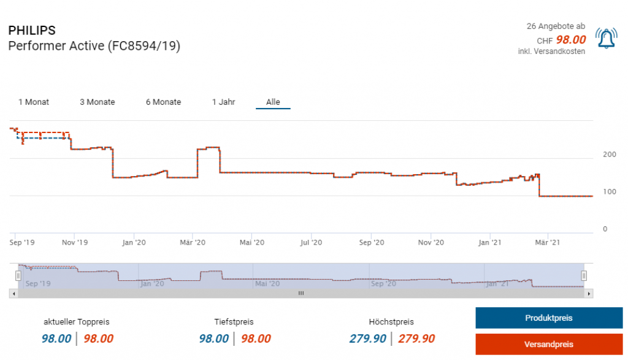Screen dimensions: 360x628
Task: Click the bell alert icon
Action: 606,39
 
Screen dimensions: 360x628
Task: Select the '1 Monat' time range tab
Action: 34,102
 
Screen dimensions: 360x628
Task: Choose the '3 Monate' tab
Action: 97,102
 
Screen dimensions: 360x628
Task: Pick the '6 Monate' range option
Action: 163,102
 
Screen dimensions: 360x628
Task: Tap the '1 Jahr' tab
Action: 223,102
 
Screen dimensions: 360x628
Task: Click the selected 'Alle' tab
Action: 273,102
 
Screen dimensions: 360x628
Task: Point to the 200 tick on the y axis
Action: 609,154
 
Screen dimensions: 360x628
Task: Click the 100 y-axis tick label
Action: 609,192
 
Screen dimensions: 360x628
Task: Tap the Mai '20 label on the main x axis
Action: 252,243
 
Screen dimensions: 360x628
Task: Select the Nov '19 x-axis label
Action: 75,243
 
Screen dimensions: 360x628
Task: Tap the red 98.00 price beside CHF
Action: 570,40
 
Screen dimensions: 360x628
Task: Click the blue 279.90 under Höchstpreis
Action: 368,339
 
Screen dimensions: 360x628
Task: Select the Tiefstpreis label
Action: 234,321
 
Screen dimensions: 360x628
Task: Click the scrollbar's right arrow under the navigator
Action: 589,294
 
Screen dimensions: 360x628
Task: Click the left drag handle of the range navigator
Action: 18,275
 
